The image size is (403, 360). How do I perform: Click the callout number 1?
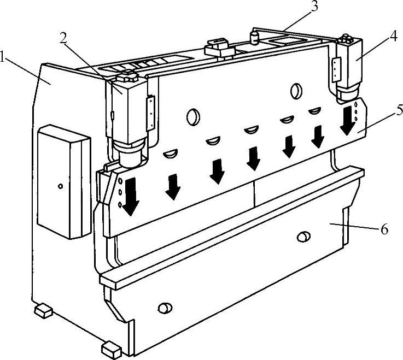pos(2,57)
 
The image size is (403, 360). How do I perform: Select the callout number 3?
pos(314,6)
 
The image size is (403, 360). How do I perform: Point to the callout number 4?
pos(393,36)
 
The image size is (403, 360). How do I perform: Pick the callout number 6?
pos(384,228)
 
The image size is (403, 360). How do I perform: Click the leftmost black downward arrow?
pos(131,197)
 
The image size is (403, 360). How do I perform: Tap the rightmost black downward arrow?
pos(347,121)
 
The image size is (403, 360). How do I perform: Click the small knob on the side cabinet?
pos(61,186)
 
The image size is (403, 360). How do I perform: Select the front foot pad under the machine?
pos(112,350)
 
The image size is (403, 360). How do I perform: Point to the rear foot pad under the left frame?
pos(43,310)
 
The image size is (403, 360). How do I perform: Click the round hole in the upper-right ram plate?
pos(296,91)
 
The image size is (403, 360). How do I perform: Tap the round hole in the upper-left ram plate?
pos(194,117)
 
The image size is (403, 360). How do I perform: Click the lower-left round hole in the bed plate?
pos(165,308)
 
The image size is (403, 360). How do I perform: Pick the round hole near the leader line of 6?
pos(303,236)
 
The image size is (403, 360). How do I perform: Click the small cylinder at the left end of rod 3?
pos(255,38)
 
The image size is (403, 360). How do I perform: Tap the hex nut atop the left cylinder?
pos(127,76)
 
